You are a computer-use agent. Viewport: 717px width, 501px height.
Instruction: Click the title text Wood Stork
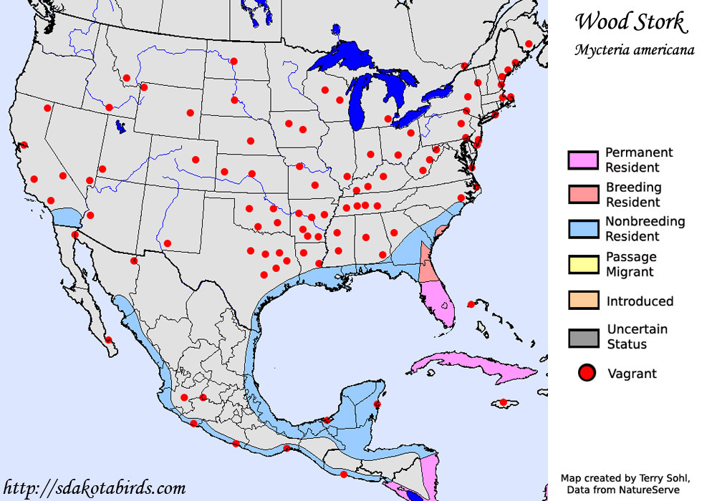tap(630, 22)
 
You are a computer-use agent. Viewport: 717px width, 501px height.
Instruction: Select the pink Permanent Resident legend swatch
tap(582, 160)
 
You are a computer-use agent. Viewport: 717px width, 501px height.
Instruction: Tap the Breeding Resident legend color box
tap(582, 195)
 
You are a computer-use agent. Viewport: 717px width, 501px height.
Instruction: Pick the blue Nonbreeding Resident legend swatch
tap(582, 229)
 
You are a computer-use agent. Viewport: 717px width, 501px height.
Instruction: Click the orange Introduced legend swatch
tap(582, 301)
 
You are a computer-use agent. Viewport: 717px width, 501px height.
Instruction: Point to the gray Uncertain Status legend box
tap(582, 337)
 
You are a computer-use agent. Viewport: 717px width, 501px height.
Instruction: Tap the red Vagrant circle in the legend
tap(587, 373)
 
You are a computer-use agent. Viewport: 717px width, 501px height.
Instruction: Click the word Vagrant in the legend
tap(632, 373)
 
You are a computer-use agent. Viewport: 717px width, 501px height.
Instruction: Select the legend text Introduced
tap(640, 301)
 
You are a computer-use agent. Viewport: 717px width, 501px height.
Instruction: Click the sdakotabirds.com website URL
tap(94, 488)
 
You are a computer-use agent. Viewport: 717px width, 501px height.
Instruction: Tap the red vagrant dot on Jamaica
tap(504, 402)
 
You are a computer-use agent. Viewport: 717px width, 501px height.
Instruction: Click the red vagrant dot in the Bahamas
tap(471, 305)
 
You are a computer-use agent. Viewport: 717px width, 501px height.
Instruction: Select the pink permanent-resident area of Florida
tap(438, 301)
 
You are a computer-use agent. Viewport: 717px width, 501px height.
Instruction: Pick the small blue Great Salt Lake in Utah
tap(121, 128)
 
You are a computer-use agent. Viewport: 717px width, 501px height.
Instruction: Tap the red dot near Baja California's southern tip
tap(108, 340)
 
